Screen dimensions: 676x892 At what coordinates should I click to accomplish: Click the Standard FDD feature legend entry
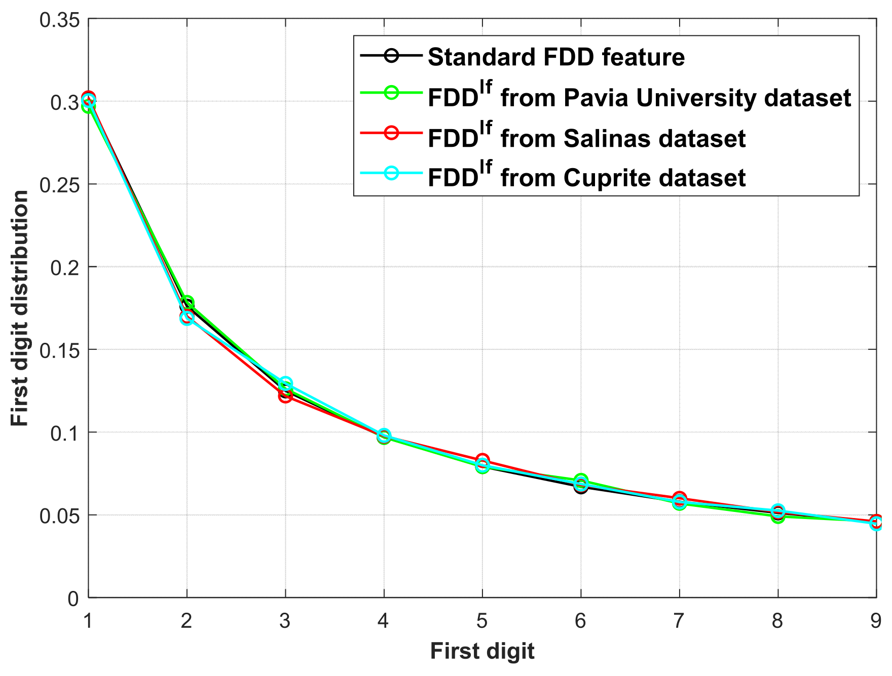(556, 57)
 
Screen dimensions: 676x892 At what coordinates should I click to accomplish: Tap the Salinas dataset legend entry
(586, 137)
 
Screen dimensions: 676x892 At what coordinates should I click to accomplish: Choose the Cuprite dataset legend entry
(586, 177)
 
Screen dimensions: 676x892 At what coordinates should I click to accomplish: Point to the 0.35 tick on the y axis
(60, 20)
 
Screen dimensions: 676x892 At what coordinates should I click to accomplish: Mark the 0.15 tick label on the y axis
(60, 350)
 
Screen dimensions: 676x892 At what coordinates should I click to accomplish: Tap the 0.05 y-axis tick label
(60, 516)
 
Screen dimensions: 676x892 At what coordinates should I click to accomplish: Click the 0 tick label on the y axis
(73, 599)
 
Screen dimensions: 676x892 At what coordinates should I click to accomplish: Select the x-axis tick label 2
(187, 620)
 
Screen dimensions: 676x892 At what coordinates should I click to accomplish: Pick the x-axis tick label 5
(482, 620)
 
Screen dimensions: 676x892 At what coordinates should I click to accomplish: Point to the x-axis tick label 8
(777, 620)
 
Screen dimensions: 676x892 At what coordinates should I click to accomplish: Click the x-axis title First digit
(482, 651)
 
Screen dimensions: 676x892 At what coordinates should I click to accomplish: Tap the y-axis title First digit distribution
(20, 308)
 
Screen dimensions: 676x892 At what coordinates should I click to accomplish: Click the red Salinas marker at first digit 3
(285, 396)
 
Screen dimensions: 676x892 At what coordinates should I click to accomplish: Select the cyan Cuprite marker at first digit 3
(285, 383)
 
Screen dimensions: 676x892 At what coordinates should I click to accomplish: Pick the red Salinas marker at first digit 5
(482, 460)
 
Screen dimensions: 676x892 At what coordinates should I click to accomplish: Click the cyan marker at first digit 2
(187, 319)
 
